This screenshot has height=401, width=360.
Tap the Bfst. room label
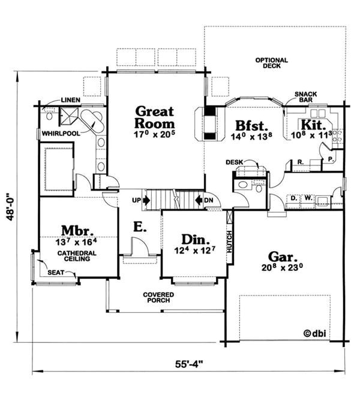(x=246, y=126)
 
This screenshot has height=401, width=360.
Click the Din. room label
(x=194, y=238)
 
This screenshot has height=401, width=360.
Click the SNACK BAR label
(x=306, y=98)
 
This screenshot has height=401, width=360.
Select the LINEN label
(x=70, y=100)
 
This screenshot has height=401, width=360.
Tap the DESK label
(x=234, y=162)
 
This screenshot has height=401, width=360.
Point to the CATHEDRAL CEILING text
(x=74, y=256)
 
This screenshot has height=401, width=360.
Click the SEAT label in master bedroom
(x=56, y=273)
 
